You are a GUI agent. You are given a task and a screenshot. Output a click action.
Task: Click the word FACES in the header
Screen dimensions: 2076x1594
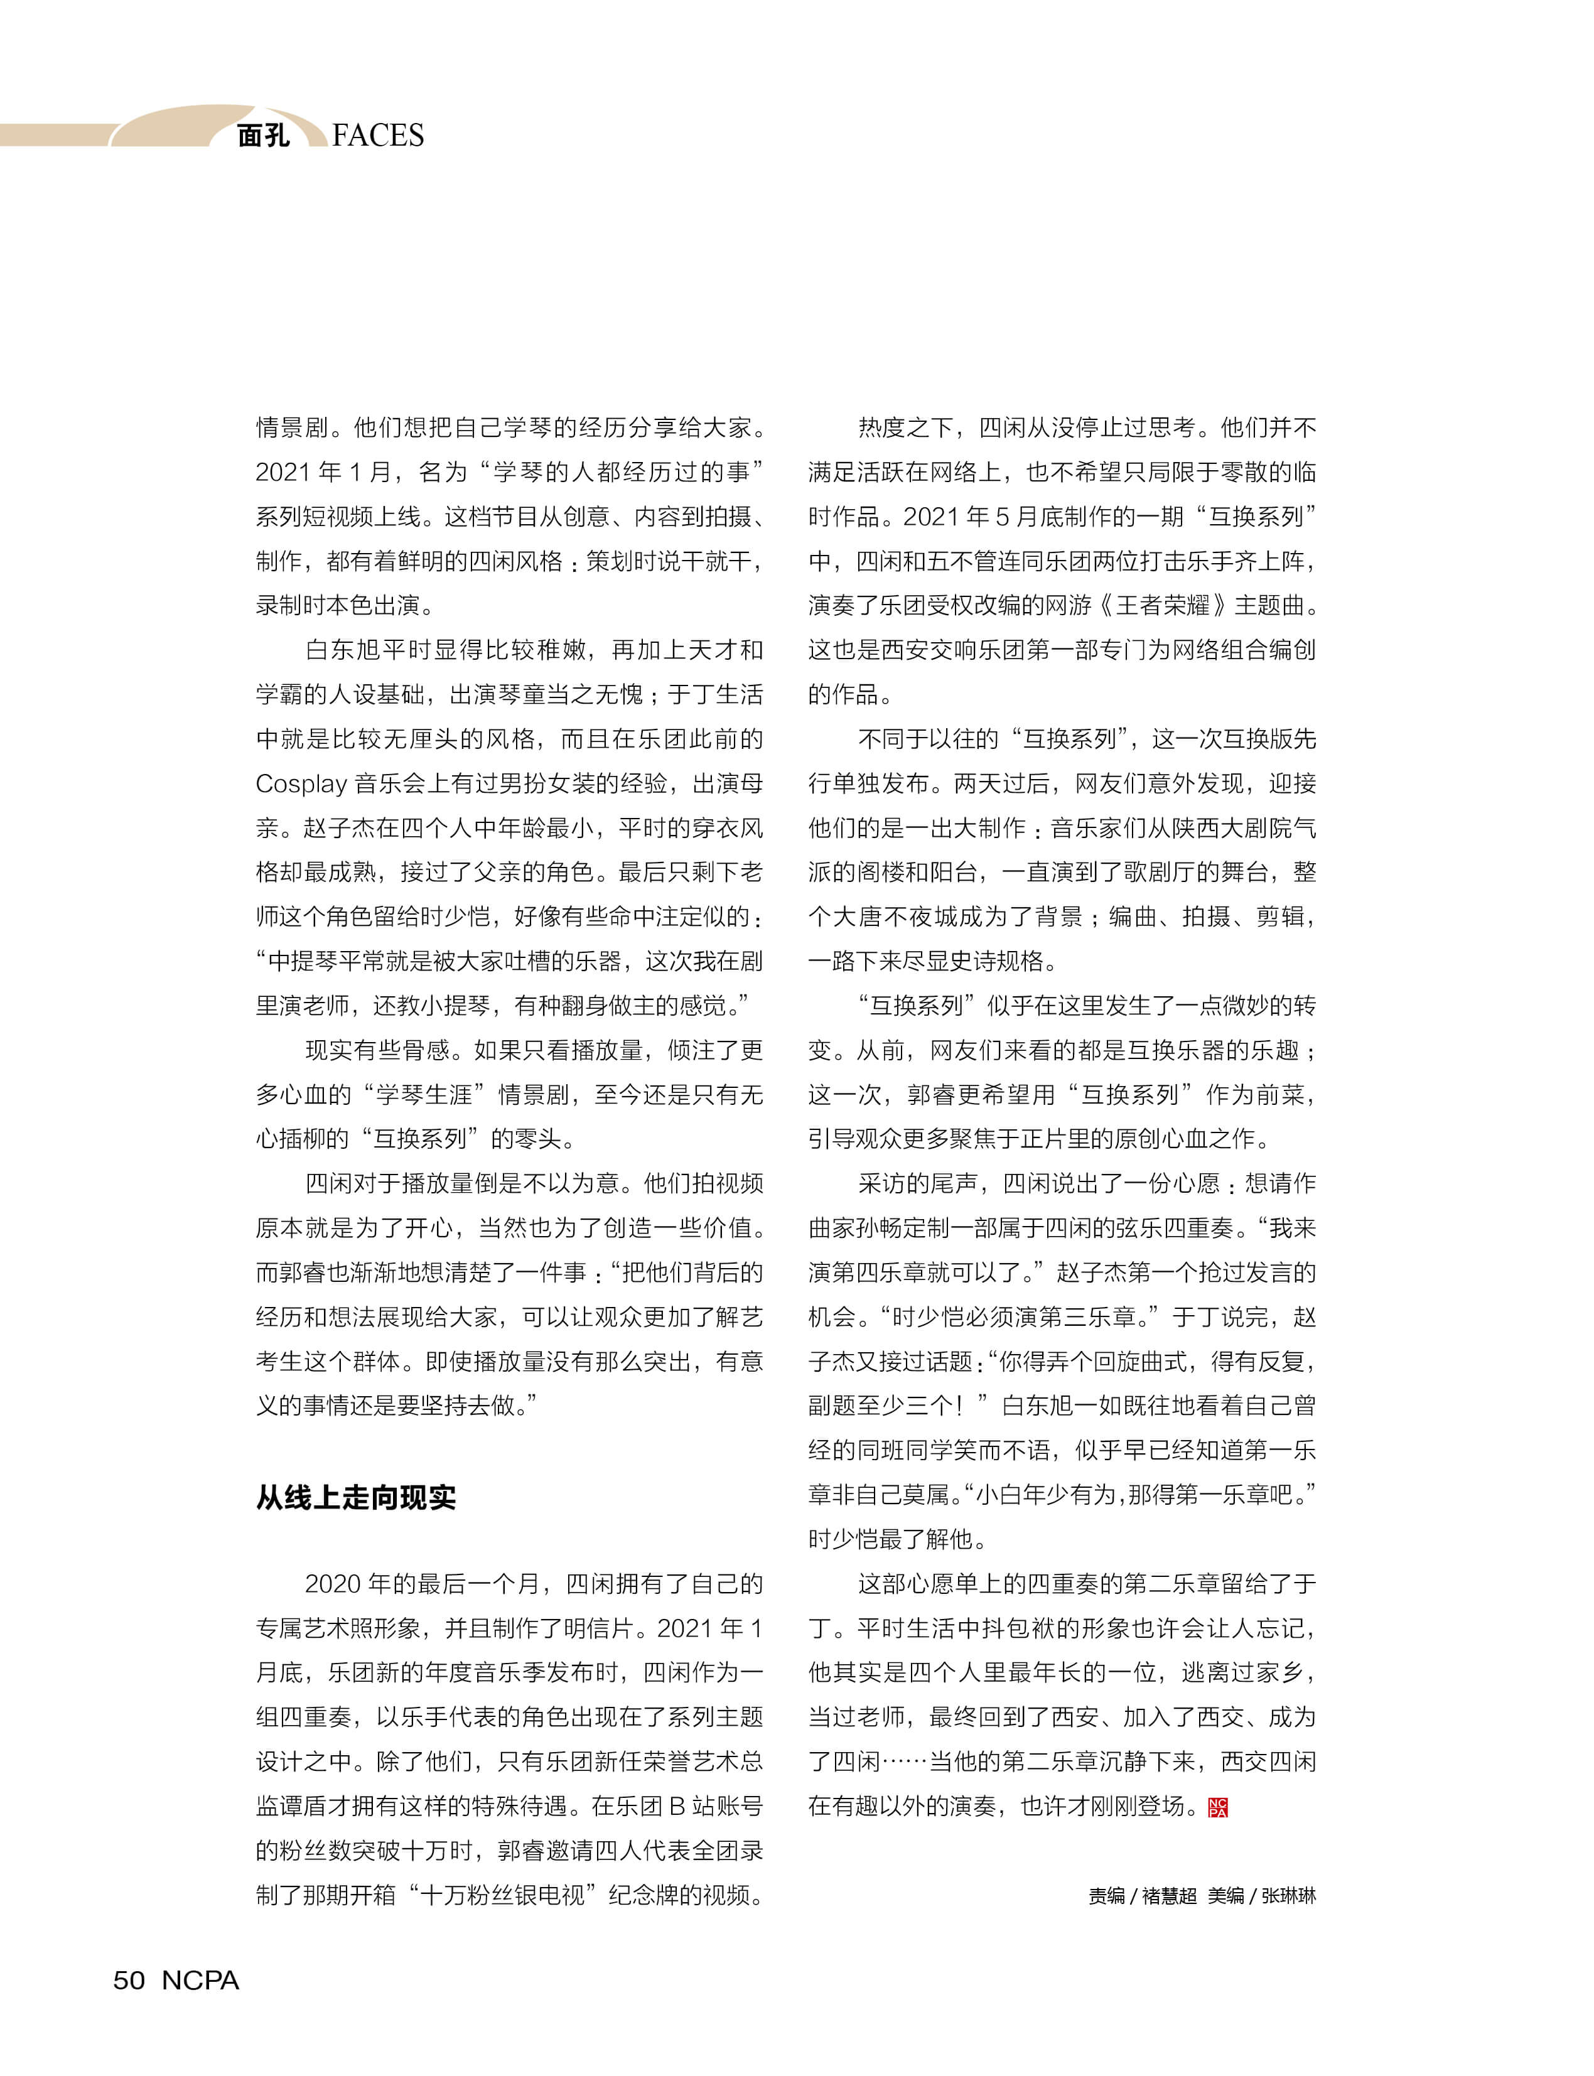(x=378, y=136)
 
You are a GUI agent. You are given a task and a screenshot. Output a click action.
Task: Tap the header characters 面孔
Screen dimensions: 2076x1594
(x=263, y=136)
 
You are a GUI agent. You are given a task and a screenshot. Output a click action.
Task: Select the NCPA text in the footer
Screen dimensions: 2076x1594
(x=200, y=1980)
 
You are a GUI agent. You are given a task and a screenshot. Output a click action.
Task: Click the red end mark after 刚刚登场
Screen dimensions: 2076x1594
(x=1219, y=1807)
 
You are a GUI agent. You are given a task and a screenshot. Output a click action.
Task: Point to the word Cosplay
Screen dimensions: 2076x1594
(x=301, y=783)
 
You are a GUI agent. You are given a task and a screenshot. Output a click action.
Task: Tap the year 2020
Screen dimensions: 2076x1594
(x=332, y=1584)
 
